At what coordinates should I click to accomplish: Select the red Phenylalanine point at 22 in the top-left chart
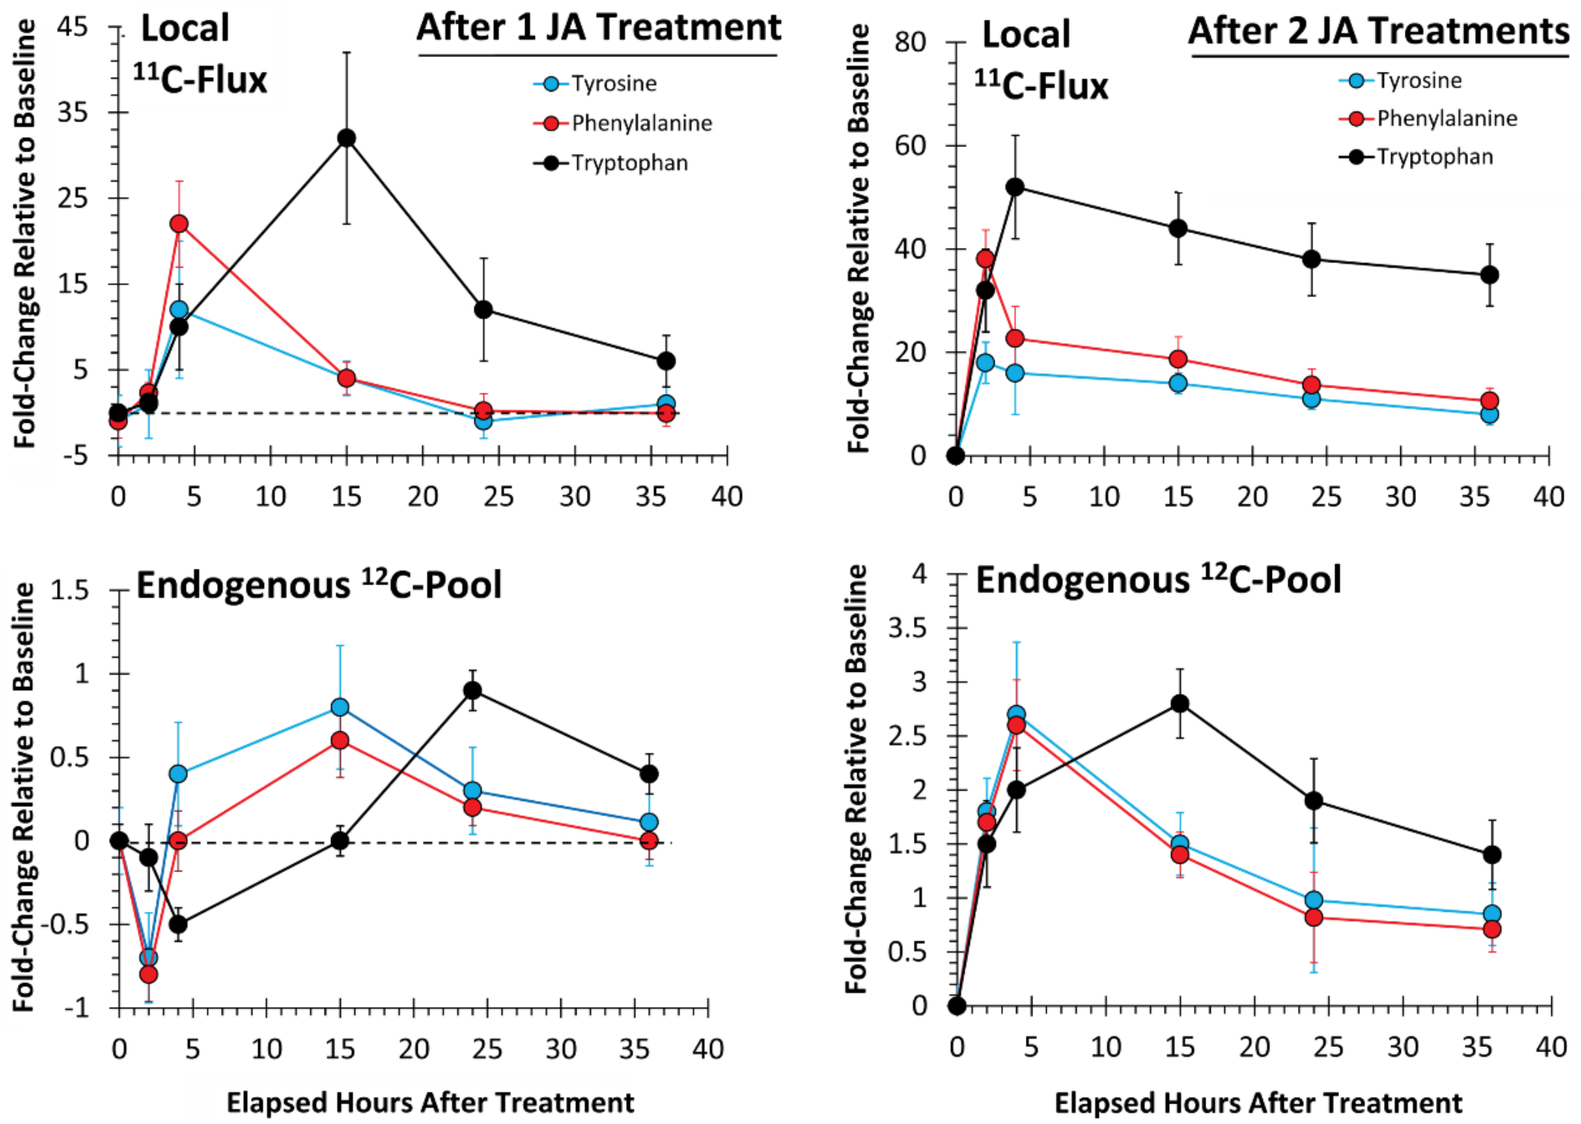(x=179, y=224)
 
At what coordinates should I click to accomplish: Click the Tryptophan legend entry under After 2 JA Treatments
(x=1434, y=157)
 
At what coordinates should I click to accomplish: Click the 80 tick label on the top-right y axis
(x=910, y=43)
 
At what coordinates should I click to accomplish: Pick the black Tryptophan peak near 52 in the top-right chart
(x=1015, y=187)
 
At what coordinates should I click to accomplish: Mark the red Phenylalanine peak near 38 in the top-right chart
(x=985, y=259)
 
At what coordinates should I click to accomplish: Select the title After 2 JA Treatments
(x=1379, y=32)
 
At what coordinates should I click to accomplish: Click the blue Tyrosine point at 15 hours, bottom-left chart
(x=339, y=707)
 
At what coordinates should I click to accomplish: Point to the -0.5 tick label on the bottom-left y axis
(x=70, y=925)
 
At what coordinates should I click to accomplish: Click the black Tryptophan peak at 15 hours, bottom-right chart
(x=1180, y=704)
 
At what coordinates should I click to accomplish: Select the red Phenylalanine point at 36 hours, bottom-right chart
(x=1493, y=929)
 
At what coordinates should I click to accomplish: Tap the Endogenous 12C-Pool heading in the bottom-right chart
(x=1158, y=580)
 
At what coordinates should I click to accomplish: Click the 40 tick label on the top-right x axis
(x=1549, y=497)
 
